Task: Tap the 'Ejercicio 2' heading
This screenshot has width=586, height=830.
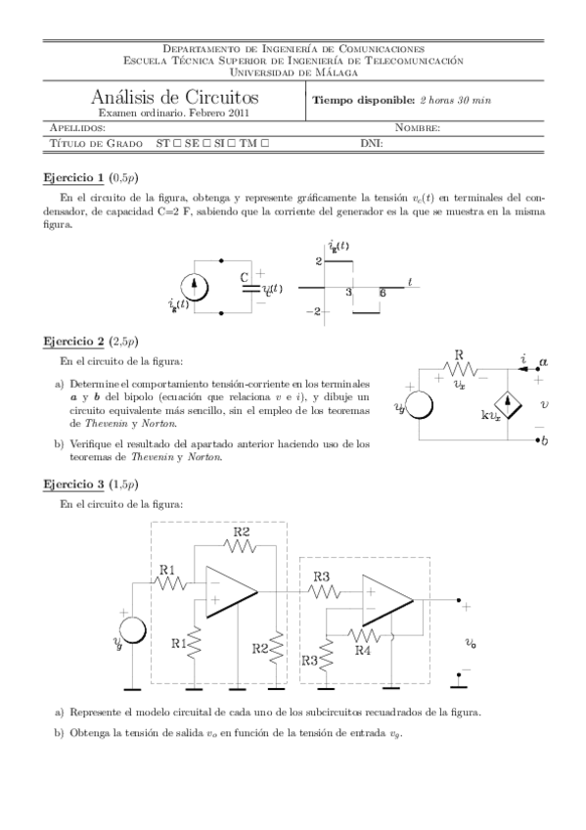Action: tap(73, 342)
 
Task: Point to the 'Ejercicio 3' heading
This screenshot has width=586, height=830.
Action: tap(73, 484)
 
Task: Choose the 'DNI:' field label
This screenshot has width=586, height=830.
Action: tap(371, 143)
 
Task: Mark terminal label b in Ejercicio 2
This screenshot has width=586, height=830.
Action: tap(545, 441)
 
